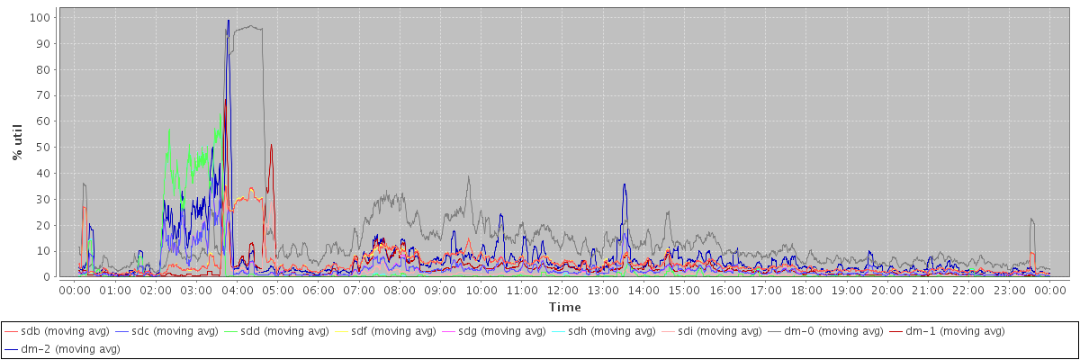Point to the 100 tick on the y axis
click(40, 17)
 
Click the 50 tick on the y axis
click(43, 147)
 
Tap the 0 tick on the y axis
click(47, 276)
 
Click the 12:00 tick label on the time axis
click(562, 291)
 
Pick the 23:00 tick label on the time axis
click(1009, 291)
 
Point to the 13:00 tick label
click(603, 291)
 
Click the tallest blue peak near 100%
click(229, 21)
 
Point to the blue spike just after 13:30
click(624, 184)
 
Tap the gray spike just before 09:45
click(469, 176)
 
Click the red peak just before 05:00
click(271, 145)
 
